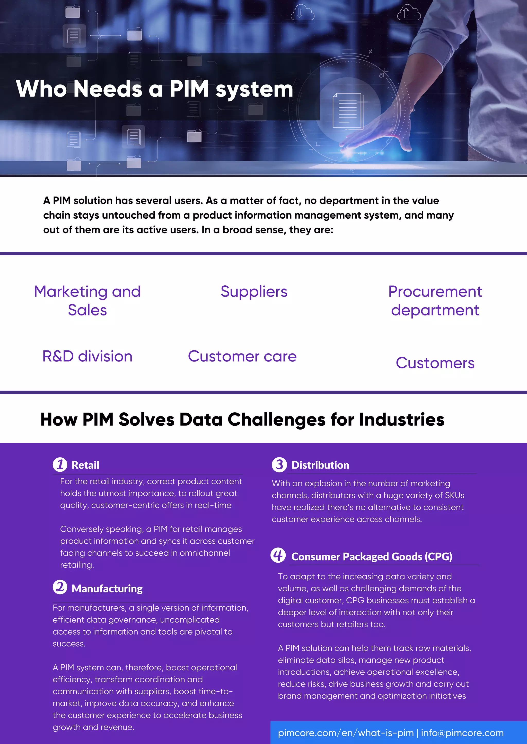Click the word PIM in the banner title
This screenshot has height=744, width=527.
point(189,89)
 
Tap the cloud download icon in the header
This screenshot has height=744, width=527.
point(302,13)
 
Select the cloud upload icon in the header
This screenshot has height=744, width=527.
point(409,13)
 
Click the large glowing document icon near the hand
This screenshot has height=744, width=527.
point(348,111)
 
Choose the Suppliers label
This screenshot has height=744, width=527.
point(254,292)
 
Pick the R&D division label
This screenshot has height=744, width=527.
point(87,356)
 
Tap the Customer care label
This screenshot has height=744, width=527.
point(242,356)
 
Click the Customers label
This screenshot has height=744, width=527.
point(435,363)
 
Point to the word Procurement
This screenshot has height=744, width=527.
point(435,292)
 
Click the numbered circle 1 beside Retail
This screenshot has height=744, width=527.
point(60,465)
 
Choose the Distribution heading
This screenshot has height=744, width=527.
point(320,465)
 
